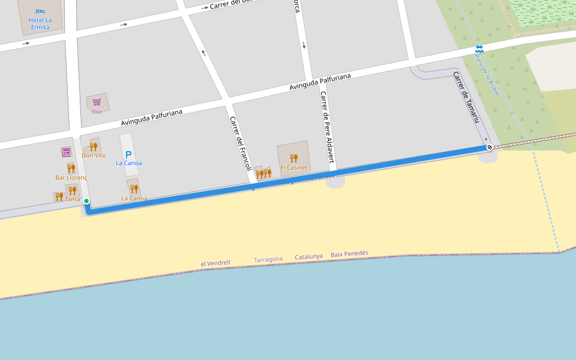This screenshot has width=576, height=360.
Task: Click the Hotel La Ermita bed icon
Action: click(40, 11)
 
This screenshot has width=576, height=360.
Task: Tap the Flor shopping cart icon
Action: click(97, 102)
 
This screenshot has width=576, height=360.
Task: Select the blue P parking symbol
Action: click(128, 154)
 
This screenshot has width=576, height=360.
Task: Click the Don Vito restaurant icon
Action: click(93, 146)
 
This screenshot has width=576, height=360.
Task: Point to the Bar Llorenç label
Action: click(71, 178)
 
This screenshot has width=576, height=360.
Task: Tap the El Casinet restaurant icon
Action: click(293, 158)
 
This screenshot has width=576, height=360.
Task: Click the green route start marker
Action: click(86, 201)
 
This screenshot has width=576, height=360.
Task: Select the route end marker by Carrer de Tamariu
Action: click(490, 147)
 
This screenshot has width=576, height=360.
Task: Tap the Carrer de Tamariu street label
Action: click(467, 98)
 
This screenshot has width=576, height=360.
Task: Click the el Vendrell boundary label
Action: click(215, 263)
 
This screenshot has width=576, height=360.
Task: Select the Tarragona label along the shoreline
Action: click(268, 259)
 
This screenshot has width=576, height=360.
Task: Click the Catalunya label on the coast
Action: click(308, 257)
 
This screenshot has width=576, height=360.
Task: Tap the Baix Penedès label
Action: click(349, 254)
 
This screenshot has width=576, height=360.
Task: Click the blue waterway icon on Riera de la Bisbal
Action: click(479, 49)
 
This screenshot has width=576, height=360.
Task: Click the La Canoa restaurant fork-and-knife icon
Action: click(134, 188)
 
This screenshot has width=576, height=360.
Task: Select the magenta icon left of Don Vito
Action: click(66, 152)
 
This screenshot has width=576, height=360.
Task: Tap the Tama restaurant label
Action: click(73, 199)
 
